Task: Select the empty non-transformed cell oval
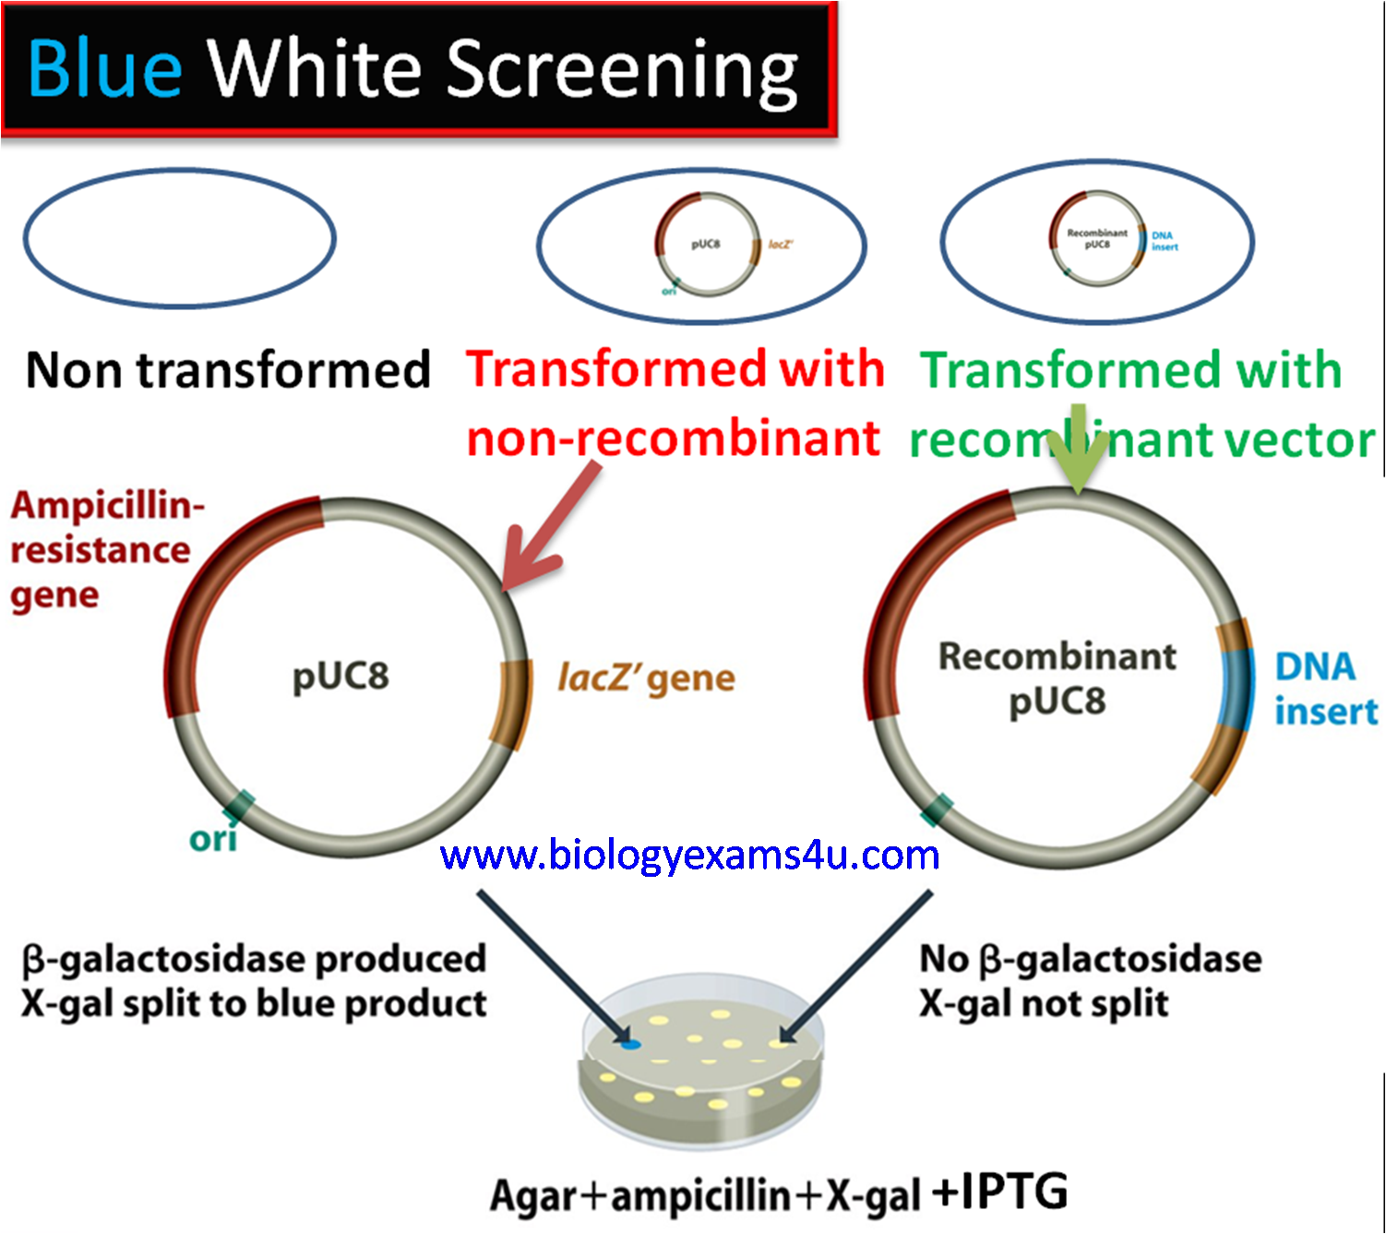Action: tap(179, 238)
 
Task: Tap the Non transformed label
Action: tap(228, 370)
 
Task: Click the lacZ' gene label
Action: tap(646, 678)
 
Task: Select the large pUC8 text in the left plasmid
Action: tap(341, 676)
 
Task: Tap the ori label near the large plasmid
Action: tap(212, 839)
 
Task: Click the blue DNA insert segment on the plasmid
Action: tap(1236, 689)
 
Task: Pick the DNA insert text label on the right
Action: tap(1324, 689)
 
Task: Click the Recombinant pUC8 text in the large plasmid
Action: tap(1057, 678)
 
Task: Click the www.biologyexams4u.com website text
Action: tap(689, 855)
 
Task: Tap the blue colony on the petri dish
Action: tap(629, 1044)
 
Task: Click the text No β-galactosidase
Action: tap(1090, 959)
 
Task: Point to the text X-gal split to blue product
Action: tap(254, 1003)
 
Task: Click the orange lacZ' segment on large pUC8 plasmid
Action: tap(511, 703)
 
